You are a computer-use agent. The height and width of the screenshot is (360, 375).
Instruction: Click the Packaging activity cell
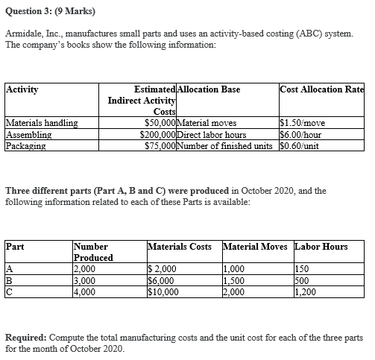27,145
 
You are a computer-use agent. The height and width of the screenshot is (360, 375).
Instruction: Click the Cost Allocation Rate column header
321,89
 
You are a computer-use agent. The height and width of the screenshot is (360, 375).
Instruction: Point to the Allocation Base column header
210,89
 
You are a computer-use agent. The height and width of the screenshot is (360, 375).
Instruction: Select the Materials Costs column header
180,246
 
